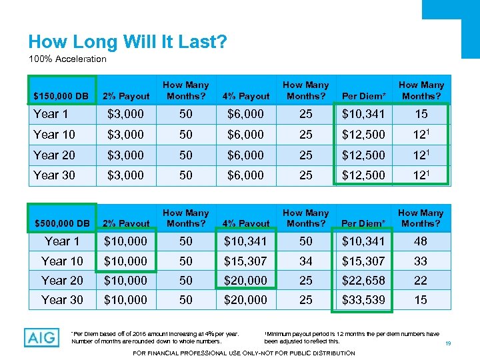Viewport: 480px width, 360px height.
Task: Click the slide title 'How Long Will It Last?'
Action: click(x=127, y=43)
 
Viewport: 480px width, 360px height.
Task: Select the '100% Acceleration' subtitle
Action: click(x=67, y=59)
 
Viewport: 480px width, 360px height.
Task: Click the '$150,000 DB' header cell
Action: click(x=62, y=96)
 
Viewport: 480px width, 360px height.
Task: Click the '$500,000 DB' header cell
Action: click(x=62, y=223)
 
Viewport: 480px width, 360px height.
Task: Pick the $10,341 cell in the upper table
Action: click(x=363, y=114)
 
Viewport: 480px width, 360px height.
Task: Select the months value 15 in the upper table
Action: click(x=421, y=114)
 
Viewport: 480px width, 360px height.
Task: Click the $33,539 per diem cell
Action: click(x=363, y=300)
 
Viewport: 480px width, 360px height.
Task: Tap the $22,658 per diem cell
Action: click(x=363, y=281)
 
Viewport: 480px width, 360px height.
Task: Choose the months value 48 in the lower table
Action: click(x=421, y=241)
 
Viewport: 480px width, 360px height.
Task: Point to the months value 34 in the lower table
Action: click(x=305, y=261)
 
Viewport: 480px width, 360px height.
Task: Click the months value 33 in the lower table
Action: click(x=421, y=261)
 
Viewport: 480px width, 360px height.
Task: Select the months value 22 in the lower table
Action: click(x=421, y=281)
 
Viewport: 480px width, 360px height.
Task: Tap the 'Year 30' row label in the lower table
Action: click(x=62, y=300)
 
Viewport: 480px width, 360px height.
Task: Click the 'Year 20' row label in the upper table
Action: click(x=54, y=155)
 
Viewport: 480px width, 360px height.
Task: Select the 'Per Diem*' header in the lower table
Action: click(x=363, y=223)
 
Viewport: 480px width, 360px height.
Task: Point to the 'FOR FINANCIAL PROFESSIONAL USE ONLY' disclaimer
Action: click(x=245, y=353)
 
